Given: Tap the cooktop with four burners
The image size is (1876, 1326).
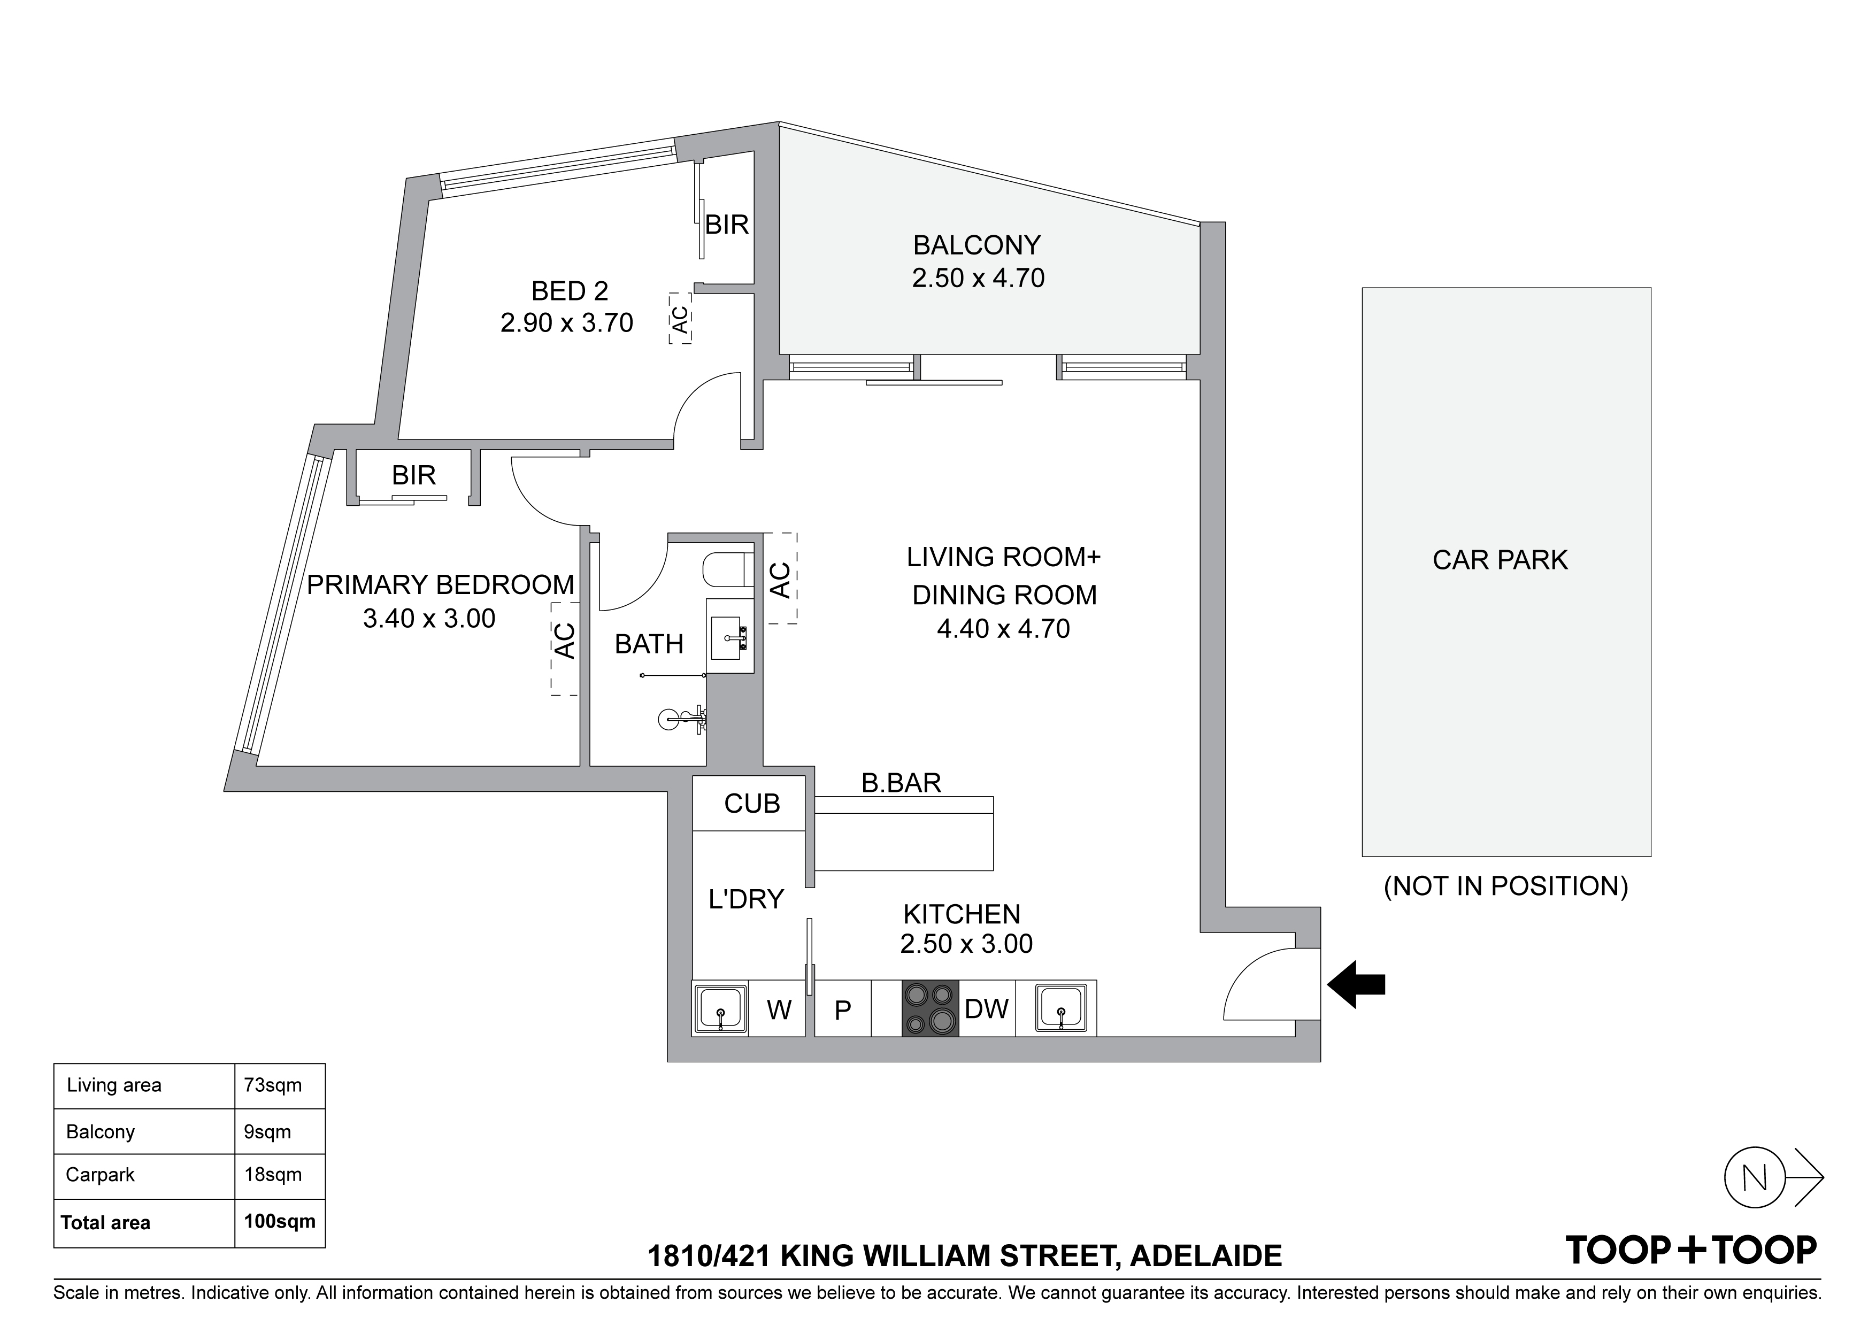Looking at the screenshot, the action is click(x=930, y=1009).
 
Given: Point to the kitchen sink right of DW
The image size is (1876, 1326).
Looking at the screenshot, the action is click(x=1060, y=1009).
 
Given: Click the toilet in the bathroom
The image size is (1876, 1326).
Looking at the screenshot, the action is click(x=726, y=571).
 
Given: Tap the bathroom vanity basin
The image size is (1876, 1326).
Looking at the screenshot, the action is click(x=727, y=638).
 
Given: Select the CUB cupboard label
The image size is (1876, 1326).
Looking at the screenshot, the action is click(x=752, y=804).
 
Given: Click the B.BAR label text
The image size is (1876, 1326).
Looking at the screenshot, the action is click(x=901, y=783).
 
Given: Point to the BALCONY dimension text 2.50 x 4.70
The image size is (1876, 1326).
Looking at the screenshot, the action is click(x=978, y=278).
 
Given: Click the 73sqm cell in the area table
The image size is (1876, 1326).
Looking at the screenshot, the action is click(x=273, y=1085).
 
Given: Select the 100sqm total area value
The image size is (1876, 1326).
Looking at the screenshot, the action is click(x=280, y=1221).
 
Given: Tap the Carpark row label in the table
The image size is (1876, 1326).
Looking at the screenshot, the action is click(x=101, y=1175).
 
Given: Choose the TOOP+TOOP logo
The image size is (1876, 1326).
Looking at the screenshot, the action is click(x=1690, y=1251).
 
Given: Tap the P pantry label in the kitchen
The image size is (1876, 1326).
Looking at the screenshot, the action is click(x=842, y=1011).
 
